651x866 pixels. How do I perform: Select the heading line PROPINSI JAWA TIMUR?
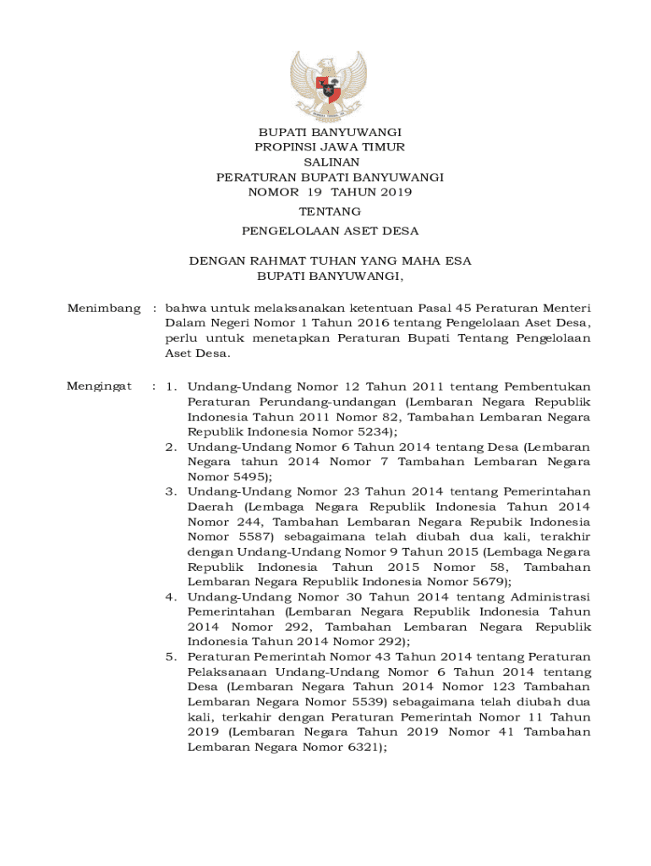(330, 147)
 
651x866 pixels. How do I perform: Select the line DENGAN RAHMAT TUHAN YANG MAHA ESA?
(330, 261)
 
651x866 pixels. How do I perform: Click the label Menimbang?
(104, 309)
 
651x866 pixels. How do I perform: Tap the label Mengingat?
(100, 386)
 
